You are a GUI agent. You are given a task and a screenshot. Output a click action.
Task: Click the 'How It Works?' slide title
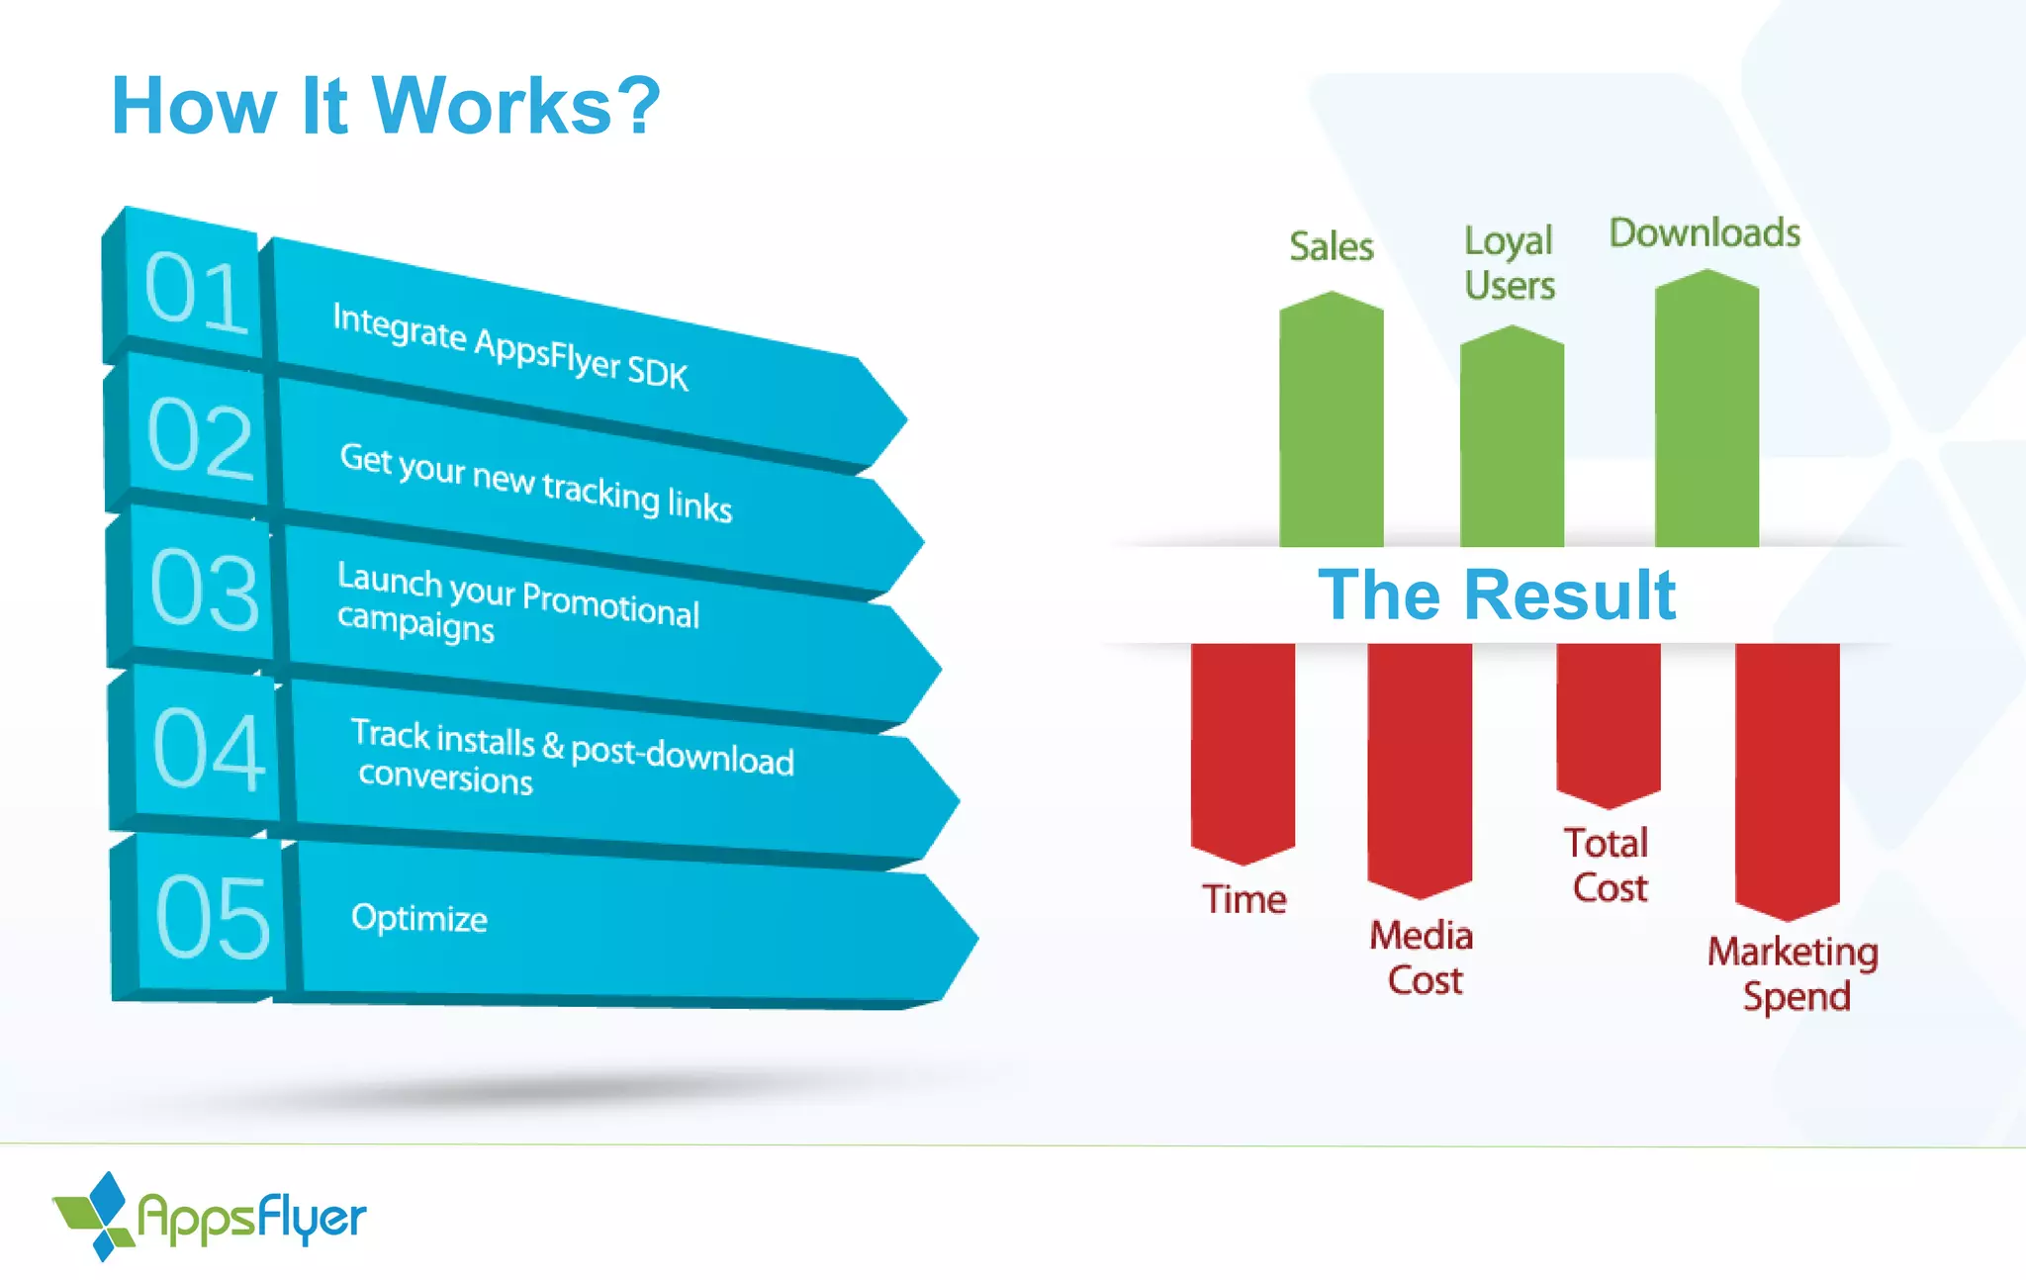click(386, 106)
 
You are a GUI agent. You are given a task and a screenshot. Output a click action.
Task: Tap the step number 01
click(195, 292)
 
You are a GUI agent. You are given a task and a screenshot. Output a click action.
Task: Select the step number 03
click(204, 590)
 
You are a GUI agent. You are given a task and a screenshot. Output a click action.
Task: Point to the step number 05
click(212, 918)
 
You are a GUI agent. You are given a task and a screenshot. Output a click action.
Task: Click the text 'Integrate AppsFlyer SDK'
click(509, 346)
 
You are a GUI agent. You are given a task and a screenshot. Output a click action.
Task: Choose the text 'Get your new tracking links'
click(535, 482)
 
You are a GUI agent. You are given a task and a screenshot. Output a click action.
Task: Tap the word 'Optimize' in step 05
click(418, 918)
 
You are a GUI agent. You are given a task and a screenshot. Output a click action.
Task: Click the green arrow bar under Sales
click(1331, 425)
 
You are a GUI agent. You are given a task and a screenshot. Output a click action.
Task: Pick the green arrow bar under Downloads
click(1706, 415)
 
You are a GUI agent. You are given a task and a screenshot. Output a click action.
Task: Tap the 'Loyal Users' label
click(1510, 263)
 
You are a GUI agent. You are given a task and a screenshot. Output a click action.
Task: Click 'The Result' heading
click(1497, 595)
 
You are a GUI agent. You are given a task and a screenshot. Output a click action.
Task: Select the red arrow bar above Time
click(1243, 747)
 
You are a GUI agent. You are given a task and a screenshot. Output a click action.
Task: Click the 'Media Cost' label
click(1422, 958)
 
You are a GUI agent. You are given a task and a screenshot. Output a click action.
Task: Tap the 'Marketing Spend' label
click(1794, 973)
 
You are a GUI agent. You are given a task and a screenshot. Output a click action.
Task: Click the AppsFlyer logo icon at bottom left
click(95, 1216)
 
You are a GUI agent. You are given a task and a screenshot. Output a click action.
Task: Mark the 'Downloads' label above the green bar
click(1704, 233)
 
